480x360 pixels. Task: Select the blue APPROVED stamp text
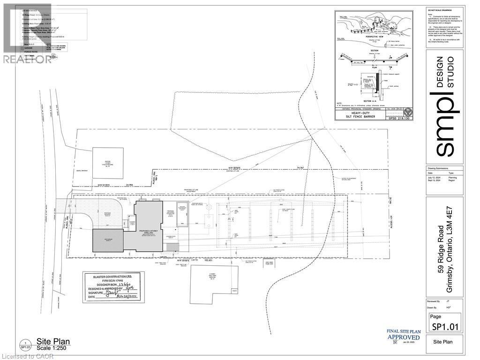(x=403, y=337)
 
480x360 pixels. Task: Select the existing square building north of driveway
(x=108, y=163)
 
